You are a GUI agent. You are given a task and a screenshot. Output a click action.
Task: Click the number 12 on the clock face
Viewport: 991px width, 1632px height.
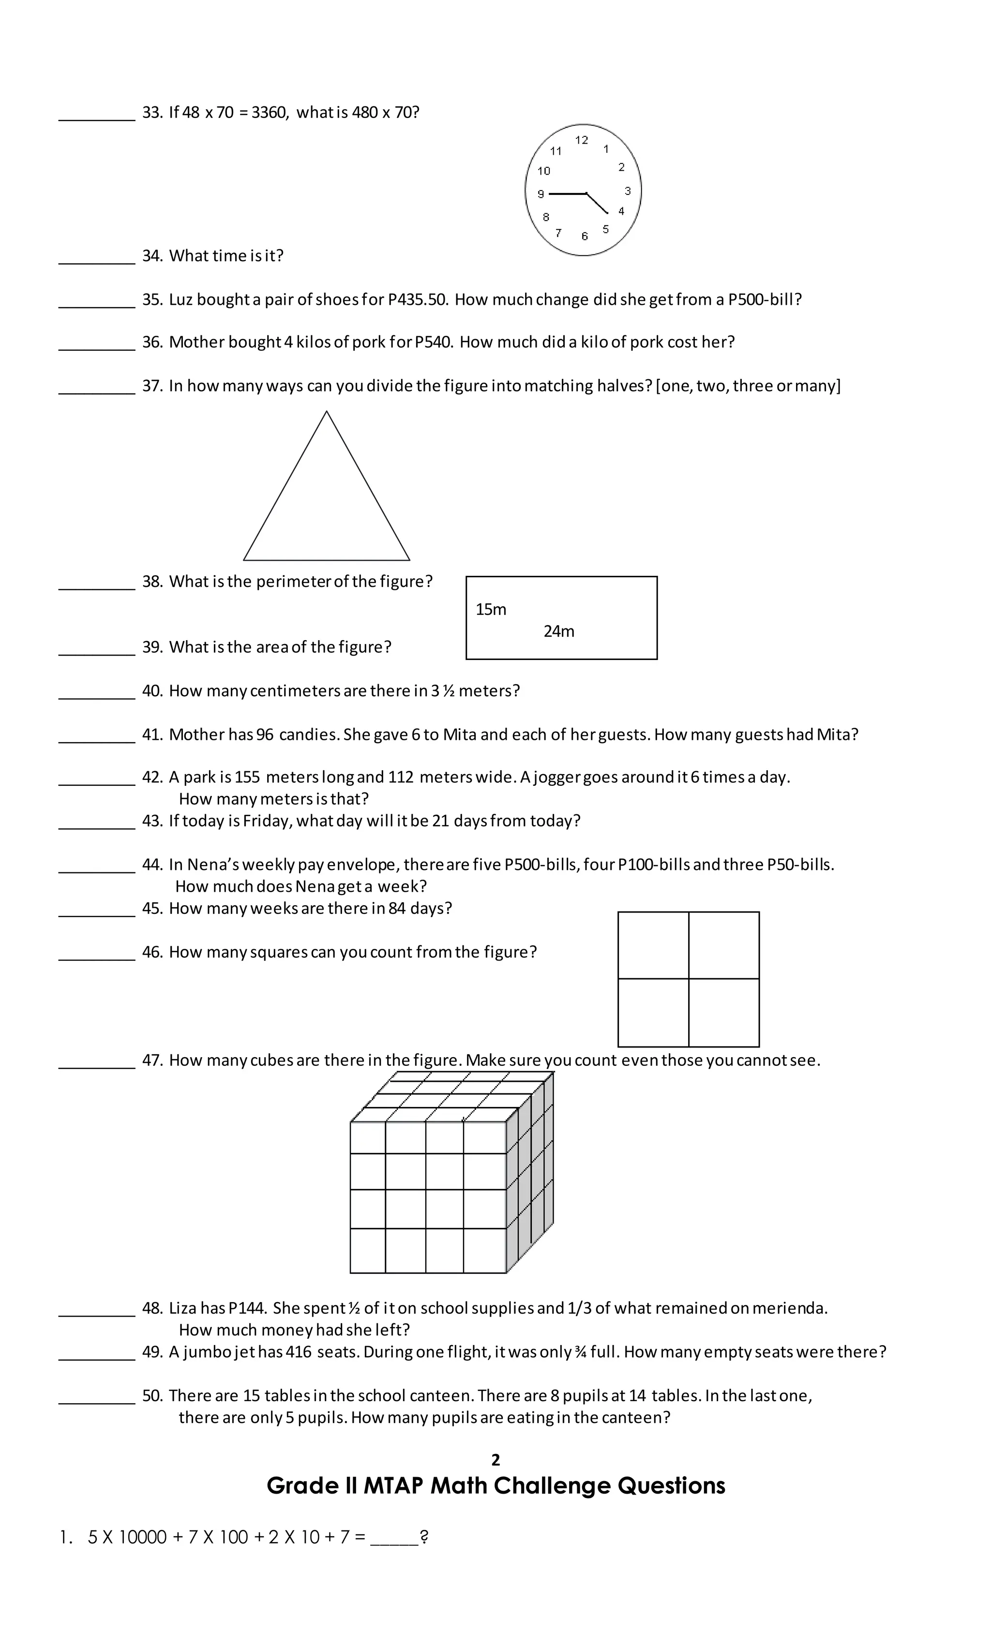click(581, 140)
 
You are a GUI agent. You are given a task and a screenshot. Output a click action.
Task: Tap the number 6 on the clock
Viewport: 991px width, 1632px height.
click(584, 236)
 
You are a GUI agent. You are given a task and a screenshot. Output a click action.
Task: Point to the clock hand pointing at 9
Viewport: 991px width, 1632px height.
click(566, 194)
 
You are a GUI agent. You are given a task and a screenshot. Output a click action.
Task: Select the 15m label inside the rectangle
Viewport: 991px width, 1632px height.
click(490, 609)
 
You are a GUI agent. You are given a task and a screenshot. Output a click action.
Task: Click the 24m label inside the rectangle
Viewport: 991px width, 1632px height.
click(558, 631)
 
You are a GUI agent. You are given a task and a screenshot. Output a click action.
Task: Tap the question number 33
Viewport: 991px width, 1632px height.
click(151, 113)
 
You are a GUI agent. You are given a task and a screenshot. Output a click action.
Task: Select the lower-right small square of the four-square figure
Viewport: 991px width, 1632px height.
click(723, 1013)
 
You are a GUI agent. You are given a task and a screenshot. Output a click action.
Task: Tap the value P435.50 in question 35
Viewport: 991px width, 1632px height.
click(418, 299)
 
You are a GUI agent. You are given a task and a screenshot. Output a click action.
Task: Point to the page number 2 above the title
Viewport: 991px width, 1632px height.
click(495, 1459)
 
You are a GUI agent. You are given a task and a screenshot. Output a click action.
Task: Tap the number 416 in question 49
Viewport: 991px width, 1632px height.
click(298, 1352)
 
